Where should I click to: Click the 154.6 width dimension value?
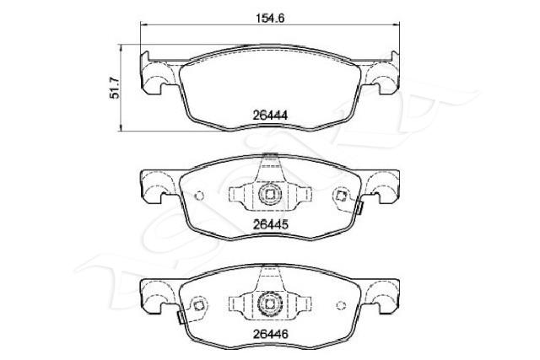(x=270, y=18)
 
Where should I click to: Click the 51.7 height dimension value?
(x=115, y=89)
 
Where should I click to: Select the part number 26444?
(x=270, y=115)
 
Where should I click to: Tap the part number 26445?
(x=270, y=225)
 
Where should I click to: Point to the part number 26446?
(x=270, y=334)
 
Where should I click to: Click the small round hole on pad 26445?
(x=199, y=196)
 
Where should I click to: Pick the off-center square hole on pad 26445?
(x=341, y=196)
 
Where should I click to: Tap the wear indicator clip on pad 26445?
(x=360, y=208)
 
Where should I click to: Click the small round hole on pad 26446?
(x=341, y=305)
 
